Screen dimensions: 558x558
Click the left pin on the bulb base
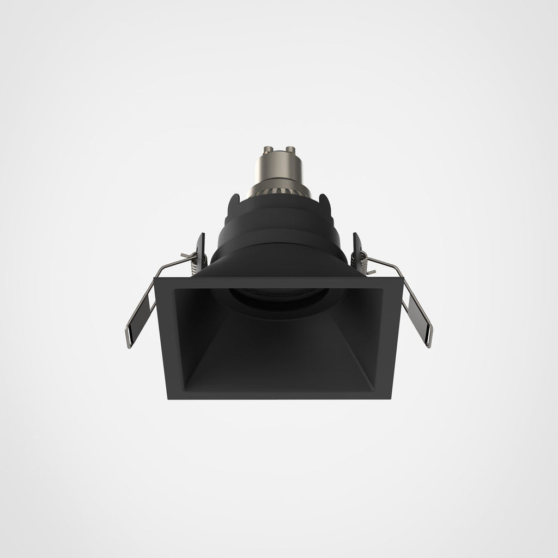(x=270, y=150)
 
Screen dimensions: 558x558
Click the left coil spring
(x=196, y=261)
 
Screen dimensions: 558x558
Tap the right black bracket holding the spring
(x=357, y=248)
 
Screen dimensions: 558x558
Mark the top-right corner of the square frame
(x=402, y=279)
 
